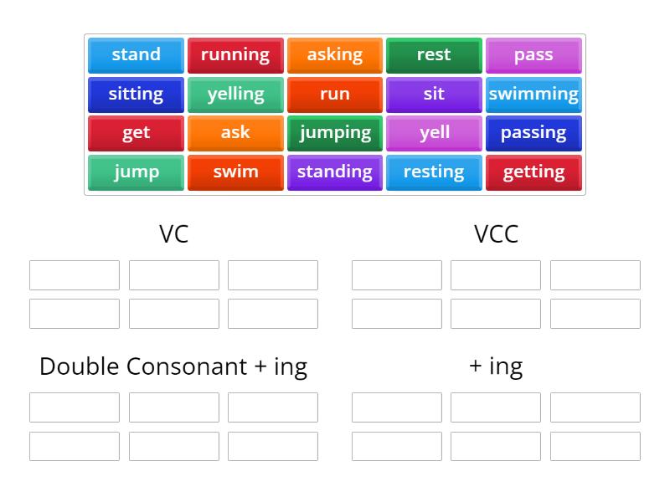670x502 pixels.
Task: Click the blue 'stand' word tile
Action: pyautogui.click(x=136, y=55)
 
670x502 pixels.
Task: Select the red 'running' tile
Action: pyautogui.click(x=235, y=55)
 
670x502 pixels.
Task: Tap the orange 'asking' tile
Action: pyautogui.click(x=334, y=55)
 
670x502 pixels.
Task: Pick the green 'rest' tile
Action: pyautogui.click(x=434, y=55)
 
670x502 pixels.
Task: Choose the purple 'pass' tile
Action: pyautogui.click(x=533, y=55)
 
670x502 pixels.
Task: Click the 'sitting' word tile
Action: pyautogui.click(x=136, y=94)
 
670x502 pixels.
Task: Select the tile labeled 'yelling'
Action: pyautogui.click(x=235, y=94)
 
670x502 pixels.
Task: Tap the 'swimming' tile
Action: pyautogui.click(x=533, y=94)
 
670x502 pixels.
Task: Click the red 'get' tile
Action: pyautogui.click(x=136, y=133)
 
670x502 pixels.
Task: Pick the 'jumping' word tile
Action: pyautogui.click(x=334, y=133)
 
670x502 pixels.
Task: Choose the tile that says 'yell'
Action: pyautogui.click(x=434, y=133)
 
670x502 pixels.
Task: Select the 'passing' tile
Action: pyautogui.click(x=533, y=133)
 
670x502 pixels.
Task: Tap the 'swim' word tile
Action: pyautogui.click(x=235, y=172)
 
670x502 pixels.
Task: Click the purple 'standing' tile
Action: pyautogui.click(x=334, y=172)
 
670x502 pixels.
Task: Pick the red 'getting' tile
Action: pyautogui.click(x=533, y=172)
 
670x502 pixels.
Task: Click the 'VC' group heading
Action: pyautogui.click(x=173, y=234)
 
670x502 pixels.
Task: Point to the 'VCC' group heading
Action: pyautogui.click(x=496, y=234)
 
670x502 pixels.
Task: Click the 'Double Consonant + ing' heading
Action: pyautogui.click(x=173, y=366)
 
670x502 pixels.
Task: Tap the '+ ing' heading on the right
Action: pyautogui.click(x=496, y=366)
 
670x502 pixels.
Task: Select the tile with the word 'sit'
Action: pyautogui.click(x=434, y=94)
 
